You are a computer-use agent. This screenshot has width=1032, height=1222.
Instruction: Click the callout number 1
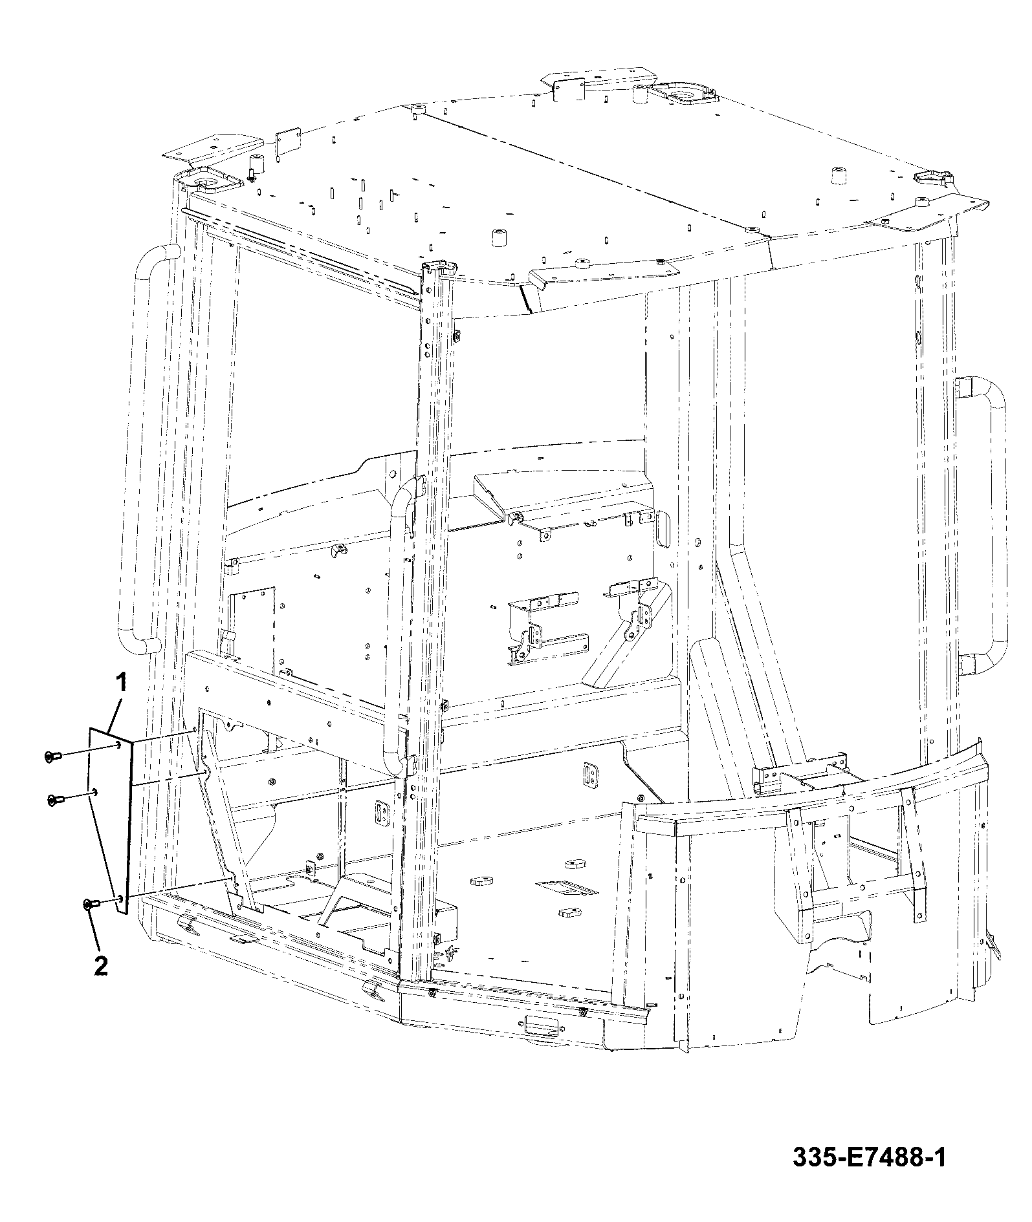click(x=121, y=682)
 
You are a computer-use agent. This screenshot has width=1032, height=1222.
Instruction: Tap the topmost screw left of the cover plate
click(x=53, y=755)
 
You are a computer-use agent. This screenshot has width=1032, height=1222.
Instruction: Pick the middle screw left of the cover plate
click(x=56, y=800)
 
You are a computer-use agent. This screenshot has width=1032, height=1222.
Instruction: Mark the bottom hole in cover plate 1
click(x=120, y=899)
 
